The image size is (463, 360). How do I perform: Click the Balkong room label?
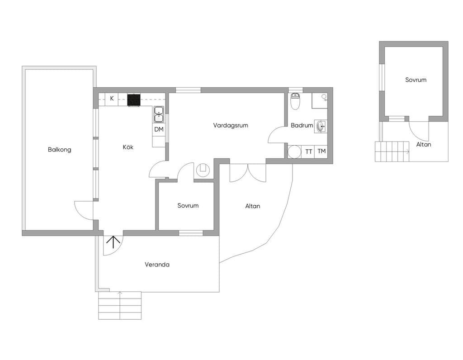tap(59, 149)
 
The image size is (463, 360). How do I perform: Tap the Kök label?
tap(128, 147)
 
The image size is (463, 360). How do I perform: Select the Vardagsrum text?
tap(231, 125)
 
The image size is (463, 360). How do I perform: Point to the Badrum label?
tap(302, 125)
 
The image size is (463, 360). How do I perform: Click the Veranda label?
tap(157, 264)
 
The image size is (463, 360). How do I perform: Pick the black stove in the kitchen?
tap(134, 99)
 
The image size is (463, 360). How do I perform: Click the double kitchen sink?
tap(159, 114)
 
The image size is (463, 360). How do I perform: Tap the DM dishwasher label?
tap(159, 129)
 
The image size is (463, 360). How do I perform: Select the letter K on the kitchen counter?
tap(112, 98)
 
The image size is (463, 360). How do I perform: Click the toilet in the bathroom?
tap(295, 101)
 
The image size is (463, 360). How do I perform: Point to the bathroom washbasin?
tap(321, 127)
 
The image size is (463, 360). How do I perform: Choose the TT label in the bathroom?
tap(308, 152)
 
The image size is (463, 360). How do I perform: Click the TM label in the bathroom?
tap(321, 151)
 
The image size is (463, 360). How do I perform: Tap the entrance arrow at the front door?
tap(113, 242)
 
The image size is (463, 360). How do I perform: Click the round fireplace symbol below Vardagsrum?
tap(203, 170)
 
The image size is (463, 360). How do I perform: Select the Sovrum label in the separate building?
tap(416, 80)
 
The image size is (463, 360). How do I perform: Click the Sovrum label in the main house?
tap(188, 205)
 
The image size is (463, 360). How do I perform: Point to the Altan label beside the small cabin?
tap(423, 144)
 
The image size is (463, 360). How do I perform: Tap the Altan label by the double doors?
tap(253, 206)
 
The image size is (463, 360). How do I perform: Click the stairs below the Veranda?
tap(119, 305)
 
